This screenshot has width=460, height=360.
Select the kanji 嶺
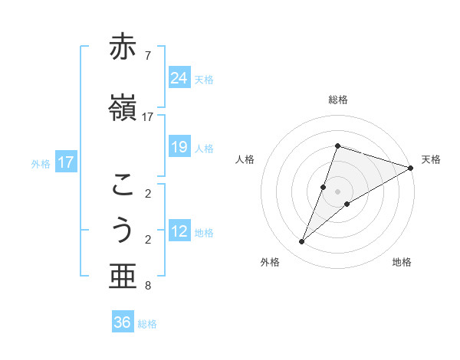click(x=123, y=107)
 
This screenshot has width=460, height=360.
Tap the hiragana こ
click(x=123, y=185)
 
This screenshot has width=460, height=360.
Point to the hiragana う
click(x=123, y=231)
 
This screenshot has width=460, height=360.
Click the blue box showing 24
click(x=179, y=78)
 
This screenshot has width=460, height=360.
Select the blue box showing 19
click(x=179, y=147)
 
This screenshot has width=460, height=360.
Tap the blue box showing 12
click(x=179, y=231)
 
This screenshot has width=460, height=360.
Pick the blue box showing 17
click(x=66, y=162)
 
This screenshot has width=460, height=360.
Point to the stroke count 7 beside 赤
click(x=147, y=55)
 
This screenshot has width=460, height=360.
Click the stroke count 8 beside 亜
click(x=147, y=286)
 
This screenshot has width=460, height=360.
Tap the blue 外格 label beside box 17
click(x=41, y=163)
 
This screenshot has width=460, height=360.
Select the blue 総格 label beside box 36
click(x=147, y=324)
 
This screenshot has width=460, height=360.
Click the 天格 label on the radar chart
click(x=431, y=159)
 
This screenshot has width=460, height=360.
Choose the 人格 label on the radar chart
click(x=245, y=159)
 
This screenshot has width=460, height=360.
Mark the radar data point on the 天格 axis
click(x=410, y=168)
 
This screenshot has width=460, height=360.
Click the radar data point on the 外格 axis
click(x=301, y=242)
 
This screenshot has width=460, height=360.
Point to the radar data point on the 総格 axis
click(x=338, y=146)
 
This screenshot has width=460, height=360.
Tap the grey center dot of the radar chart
click(x=338, y=191)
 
